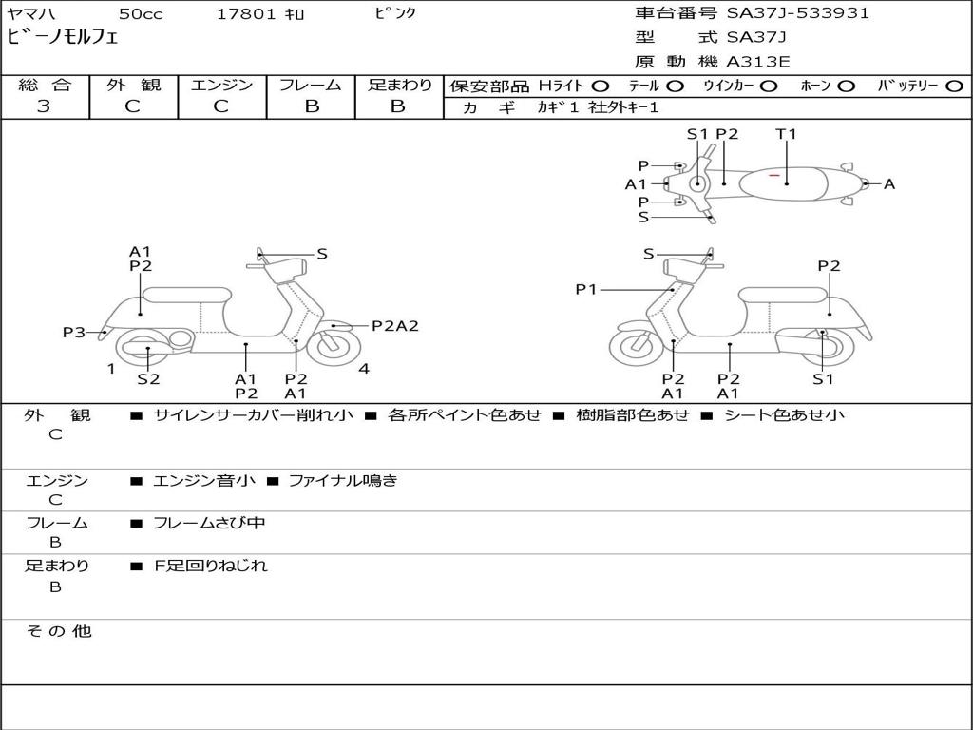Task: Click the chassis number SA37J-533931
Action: pyautogui.click(x=798, y=13)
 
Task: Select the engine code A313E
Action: pyautogui.click(x=758, y=62)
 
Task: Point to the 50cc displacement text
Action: pyautogui.click(x=140, y=14)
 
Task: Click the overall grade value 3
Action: pyautogui.click(x=44, y=106)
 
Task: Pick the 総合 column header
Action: pyautogui.click(x=45, y=85)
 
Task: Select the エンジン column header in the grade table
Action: pyautogui.click(x=221, y=85)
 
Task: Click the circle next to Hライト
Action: pyautogui.click(x=601, y=86)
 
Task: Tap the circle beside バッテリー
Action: pyautogui.click(x=954, y=86)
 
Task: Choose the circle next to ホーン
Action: pyautogui.click(x=847, y=86)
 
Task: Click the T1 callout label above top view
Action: pyautogui.click(x=786, y=134)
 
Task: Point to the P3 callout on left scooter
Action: pyautogui.click(x=74, y=332)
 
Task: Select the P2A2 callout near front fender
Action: pyautogui.click(x=394, y=325)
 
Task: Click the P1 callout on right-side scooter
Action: pyautogui.click(x=586, y=289)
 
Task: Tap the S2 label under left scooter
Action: pyautogui.click(x=148, y=378)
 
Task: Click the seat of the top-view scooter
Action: pyautogui.click(x=787, y=182)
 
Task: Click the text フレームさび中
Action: pyautogui.click(x=209, y=523)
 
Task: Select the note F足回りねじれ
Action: pyautogui.click(x=211, y=566)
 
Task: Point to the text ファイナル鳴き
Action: pyautogui.click(x=342, y=481)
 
